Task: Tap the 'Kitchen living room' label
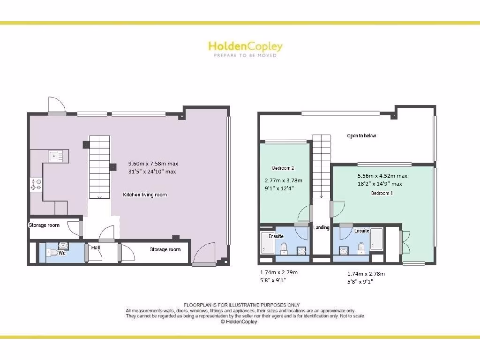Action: tap(145, 195)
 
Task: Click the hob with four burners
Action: tap(36, 184)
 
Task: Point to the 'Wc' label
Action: tap(61, 253)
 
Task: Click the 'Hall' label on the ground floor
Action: tap(96, 247)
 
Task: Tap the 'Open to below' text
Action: tap(361, 136)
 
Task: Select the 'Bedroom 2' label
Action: tap(283, 168)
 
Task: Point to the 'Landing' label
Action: tap(321, 228)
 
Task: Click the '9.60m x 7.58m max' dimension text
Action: tap(153, 164)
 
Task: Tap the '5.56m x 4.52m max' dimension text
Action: tap(382, 176)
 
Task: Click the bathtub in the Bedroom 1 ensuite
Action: tap(376, 240)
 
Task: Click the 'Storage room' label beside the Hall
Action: tap(165, 249)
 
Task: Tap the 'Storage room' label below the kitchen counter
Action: tap(44, 225)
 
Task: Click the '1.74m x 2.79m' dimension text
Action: tap(278, 272)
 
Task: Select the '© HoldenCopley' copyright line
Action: tap(239, 322)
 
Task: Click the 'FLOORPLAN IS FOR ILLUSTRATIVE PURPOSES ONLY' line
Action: tap(241, 305)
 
